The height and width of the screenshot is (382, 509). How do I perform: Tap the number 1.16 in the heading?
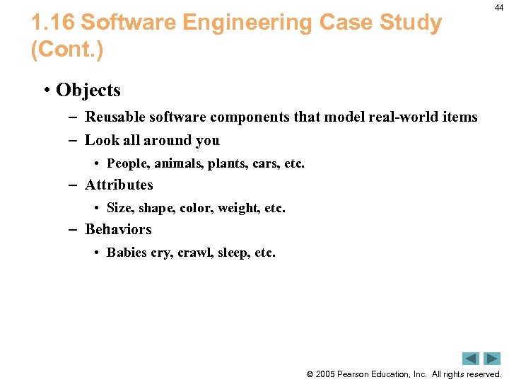[53, 23]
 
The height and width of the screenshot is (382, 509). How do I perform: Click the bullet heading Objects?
[88, 91]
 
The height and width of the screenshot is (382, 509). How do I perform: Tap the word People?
[126, 163]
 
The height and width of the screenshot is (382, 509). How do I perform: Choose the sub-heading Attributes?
[119, 185]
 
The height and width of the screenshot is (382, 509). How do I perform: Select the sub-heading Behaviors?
[118, 229]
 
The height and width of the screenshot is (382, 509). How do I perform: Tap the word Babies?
[127, 253]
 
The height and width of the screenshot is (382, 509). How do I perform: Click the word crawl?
[194, 253]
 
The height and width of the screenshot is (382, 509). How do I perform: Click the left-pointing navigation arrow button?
[471, 359]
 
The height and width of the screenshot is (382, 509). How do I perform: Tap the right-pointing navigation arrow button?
[491, 359]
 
